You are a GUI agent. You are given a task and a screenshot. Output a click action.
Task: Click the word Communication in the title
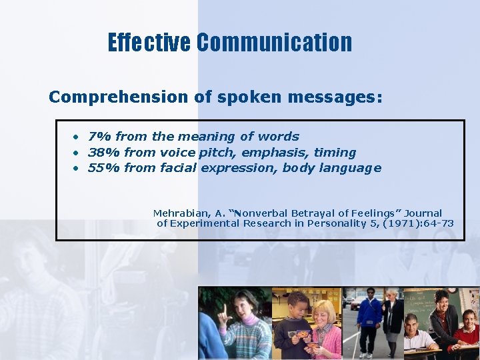point(274,43)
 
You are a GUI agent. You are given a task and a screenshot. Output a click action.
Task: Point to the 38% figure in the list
point(104,153)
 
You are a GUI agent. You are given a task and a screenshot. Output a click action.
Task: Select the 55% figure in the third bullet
point(104,168)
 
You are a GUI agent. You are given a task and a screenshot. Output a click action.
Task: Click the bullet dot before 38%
point(77,153)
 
